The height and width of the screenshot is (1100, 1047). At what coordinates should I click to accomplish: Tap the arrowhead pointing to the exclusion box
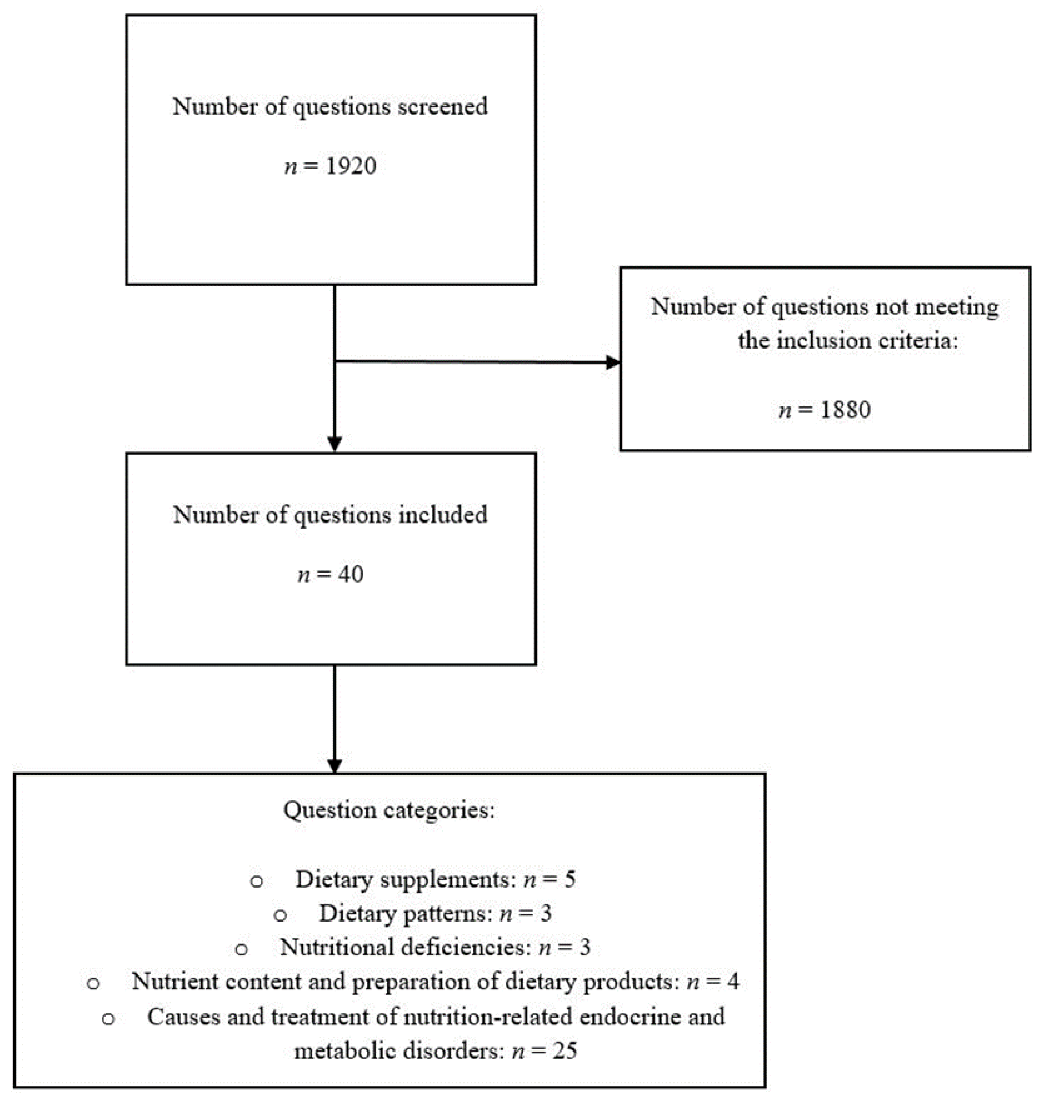612,362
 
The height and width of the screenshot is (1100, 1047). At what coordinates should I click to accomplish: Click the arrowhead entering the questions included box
334,443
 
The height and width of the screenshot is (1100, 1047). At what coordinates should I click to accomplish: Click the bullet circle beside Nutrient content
93,984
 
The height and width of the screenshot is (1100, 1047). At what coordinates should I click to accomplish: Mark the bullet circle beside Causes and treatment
108,1019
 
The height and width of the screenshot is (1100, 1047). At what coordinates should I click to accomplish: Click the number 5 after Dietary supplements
570,879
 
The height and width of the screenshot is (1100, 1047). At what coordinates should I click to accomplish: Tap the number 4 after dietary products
733,982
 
